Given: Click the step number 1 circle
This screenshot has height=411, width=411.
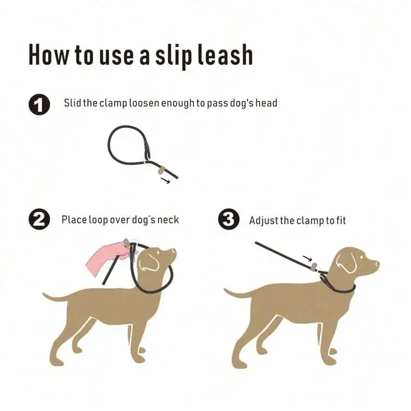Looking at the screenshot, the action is coord(39,104).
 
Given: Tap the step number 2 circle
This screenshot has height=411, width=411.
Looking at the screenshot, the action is coord(39,219).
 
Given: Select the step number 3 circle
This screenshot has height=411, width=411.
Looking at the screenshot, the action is coord(229,219).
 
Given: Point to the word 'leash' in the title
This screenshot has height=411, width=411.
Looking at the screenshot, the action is coord(225,54).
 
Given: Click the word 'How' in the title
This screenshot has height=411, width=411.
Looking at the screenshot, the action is coord(48,54).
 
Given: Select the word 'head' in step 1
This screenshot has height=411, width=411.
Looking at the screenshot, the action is coord(266,102).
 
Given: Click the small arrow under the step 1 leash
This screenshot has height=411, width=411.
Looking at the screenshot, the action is coord(165,180).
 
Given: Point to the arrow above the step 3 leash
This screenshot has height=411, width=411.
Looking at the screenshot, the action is coord(307,258).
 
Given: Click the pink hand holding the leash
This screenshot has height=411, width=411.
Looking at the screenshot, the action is coord(109,257).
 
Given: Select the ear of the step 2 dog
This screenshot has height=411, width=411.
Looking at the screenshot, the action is coord(149,262).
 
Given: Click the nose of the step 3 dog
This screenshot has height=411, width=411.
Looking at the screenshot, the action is coord(377,262).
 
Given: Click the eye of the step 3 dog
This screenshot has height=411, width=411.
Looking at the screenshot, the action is coord(362,257).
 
